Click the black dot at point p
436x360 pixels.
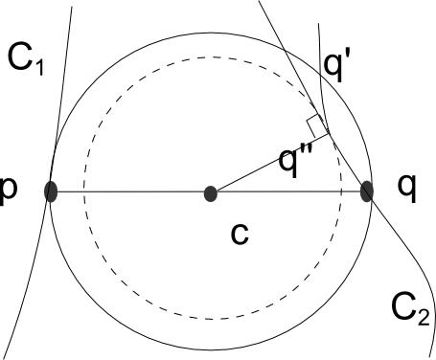coord(52,192)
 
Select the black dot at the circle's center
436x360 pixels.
coord(211,193)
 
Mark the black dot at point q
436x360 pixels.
coord(366,191)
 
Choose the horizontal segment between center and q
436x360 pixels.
coord(287,192)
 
